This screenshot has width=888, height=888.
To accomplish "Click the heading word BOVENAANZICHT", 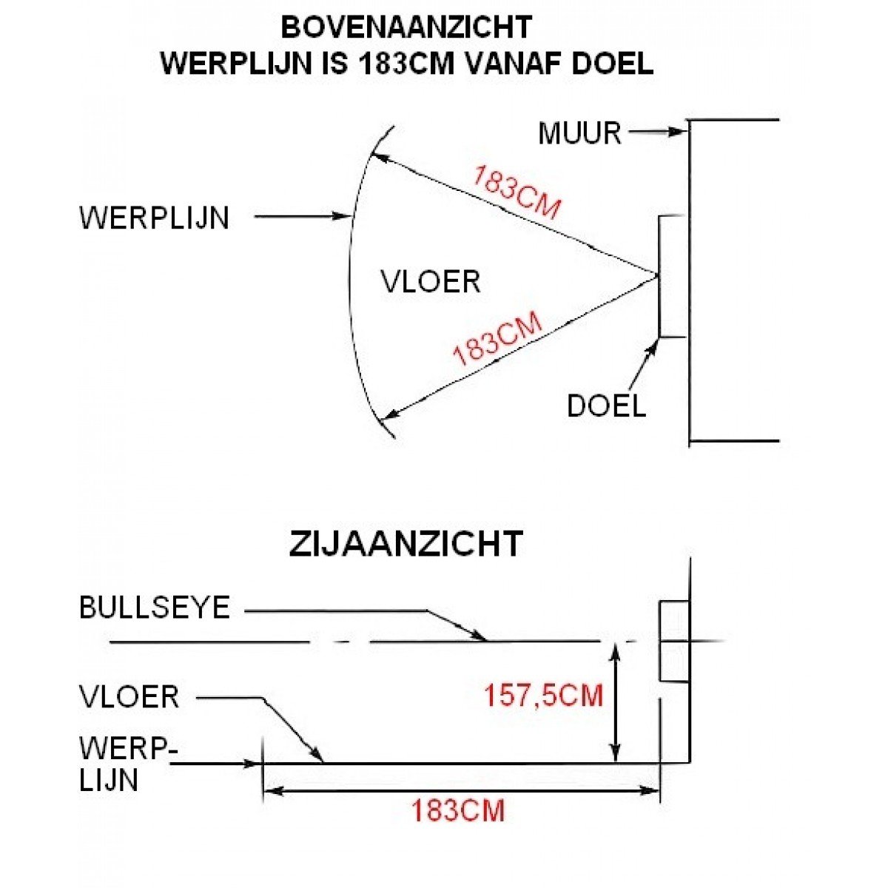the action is [x=406, y=27].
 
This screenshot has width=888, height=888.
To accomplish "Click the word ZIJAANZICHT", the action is [x=406, y=544].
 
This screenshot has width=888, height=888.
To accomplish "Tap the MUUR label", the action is [x=579, y=133].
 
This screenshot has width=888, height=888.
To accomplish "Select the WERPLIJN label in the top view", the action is [x=155, y=218].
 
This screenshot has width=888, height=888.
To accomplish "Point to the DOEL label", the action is [x=606, y=406].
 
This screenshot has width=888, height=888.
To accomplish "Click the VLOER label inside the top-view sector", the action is [x=431, y=281].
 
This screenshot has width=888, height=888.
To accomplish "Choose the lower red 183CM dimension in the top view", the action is [x=497, y=339].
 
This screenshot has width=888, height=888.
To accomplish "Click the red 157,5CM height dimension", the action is [x=543, y=695].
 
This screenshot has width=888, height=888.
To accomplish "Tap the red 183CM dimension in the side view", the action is [x=458, y=810].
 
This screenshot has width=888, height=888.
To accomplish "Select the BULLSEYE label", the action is [x=155, y=608].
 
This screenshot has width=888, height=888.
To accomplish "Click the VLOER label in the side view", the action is [x=129, y=696].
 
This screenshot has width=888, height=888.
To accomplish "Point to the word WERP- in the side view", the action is [x=129, y=749].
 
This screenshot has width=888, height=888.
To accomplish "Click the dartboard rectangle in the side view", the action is [x=674, y=641].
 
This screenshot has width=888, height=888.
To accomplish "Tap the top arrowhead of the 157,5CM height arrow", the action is [x=615, y=652].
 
